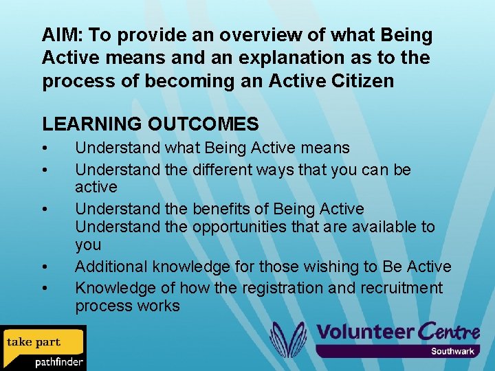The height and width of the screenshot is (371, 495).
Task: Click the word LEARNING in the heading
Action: tap(91, 124)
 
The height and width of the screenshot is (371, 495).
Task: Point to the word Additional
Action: tap(111, 267)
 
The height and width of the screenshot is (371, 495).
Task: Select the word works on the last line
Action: tap(157, 306)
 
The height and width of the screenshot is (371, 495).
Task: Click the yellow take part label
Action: tap(34, 341)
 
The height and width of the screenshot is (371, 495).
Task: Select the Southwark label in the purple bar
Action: tap(452, 351)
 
